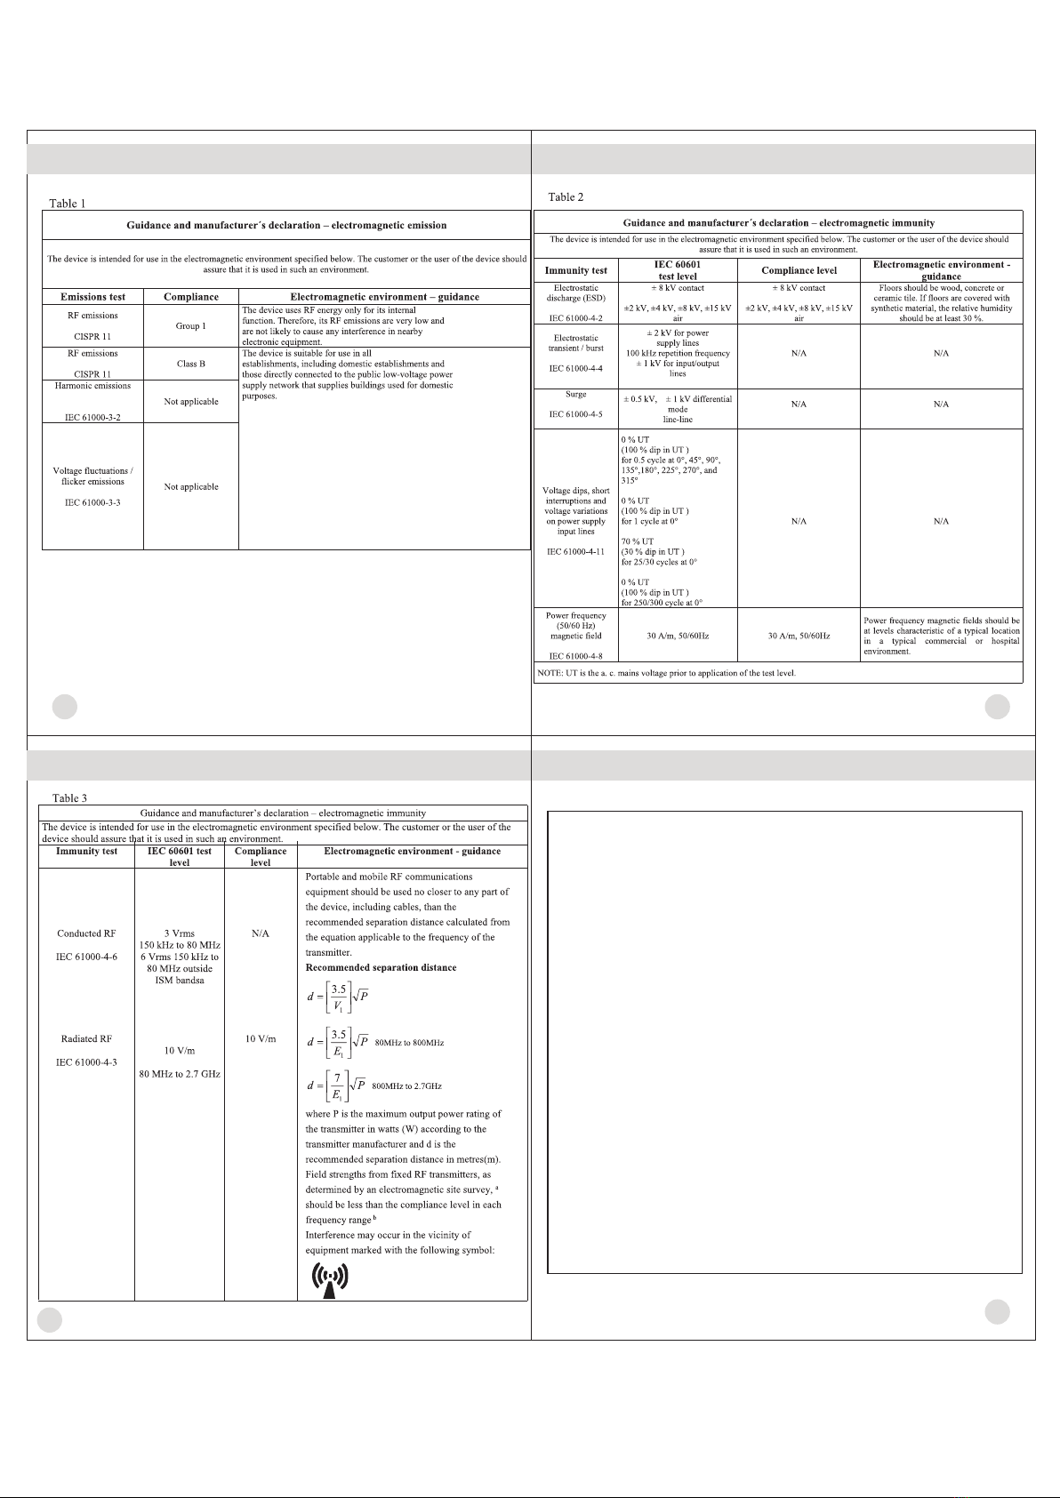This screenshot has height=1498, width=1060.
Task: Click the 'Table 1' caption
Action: pos(68,204)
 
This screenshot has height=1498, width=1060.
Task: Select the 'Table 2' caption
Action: pos(566,196)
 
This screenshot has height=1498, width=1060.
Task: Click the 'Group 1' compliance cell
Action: pos(190,326)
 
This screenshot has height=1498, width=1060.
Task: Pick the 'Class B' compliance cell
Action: pos(190,364)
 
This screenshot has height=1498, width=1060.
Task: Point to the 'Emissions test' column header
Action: pos(92,297)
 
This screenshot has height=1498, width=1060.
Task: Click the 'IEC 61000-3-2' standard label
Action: pos(92,416)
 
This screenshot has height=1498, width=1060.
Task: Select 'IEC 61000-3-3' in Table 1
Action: pos(92,503)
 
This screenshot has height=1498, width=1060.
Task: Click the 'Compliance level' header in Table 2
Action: pos(799,270)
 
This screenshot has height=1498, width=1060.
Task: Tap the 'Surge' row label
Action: pos(575,394)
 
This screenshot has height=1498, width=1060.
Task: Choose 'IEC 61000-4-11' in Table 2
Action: pos(575,551)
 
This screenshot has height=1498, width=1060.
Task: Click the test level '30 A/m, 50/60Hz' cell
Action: pos(678,636)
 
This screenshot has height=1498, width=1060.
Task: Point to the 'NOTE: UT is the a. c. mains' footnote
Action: pos(666,673)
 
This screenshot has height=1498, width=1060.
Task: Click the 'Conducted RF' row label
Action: pos(86,933)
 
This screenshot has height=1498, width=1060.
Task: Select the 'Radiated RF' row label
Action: pos(86,1038)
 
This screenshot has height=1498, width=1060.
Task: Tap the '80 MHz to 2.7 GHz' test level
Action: pos(180,1074)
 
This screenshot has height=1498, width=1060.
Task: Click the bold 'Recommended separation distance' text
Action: pos(381,967)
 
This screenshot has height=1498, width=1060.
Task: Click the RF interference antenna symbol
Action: pos(329,1279)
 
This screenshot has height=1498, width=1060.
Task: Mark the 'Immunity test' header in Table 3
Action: pos(86,851)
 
